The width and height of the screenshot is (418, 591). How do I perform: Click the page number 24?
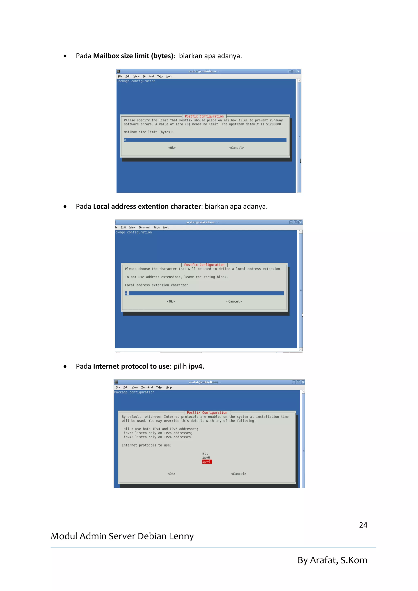[363, 525]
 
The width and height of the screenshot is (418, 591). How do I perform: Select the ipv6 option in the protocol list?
[206, 457]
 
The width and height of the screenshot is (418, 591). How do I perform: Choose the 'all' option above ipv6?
[205, 453]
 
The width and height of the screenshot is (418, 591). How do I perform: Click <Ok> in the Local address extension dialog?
[171, 301]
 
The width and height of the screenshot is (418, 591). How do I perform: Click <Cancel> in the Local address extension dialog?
[234, 301]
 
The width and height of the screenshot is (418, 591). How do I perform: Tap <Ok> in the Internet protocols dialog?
[171, 474]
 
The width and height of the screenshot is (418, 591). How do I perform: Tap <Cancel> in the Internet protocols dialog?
[238, 474]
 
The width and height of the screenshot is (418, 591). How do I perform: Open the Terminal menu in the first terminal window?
[148, 77]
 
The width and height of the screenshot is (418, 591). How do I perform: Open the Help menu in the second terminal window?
[166, 228]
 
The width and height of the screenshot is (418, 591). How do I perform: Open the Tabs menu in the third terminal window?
[159, 387]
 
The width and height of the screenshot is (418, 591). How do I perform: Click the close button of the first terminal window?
[299, 72]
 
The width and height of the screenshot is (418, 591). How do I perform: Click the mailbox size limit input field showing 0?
[205, 140]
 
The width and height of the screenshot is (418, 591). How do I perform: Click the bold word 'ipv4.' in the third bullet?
[196, 366]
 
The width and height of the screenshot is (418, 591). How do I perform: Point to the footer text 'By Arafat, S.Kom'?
[332, 560]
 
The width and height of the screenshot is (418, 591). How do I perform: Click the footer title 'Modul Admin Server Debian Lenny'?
[122, 536]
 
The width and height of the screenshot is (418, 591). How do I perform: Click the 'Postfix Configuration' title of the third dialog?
[207, 412]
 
